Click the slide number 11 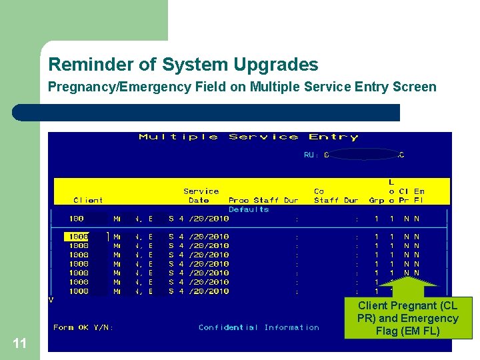tap(19, 343)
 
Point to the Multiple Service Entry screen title tap(248, 137)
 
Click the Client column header tap(88, 200)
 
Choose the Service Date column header tap(201, 195)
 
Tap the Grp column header tap(377, 200)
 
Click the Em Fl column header tap(419, 195)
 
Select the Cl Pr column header tap(404, 195)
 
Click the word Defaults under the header tap(249, 209)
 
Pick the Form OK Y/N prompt tap(83, 327)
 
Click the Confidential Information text tap(259, 327)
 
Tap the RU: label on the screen tap(311, 155)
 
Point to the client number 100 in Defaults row tap(77, 218)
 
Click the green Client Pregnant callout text tap(407, 318)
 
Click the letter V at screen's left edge tap(51, 299)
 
